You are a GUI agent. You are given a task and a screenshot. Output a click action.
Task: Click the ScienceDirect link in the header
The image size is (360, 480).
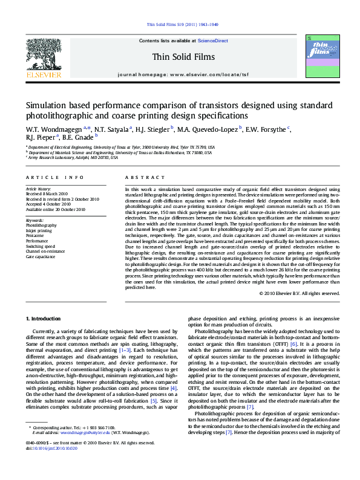213,41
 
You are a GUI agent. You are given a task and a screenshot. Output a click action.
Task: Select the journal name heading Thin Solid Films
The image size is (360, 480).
180,56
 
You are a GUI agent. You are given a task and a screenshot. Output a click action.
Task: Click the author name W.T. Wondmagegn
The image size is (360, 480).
54,129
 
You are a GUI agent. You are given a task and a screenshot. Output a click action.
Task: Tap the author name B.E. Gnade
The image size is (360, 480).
77,138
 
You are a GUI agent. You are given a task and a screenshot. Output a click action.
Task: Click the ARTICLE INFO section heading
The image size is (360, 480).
54,177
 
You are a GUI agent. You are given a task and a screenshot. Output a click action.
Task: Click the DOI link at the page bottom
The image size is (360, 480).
52,465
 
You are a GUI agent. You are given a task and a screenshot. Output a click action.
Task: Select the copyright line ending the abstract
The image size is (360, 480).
299,293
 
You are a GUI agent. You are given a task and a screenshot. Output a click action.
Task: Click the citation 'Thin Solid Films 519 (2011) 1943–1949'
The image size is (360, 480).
180,25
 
